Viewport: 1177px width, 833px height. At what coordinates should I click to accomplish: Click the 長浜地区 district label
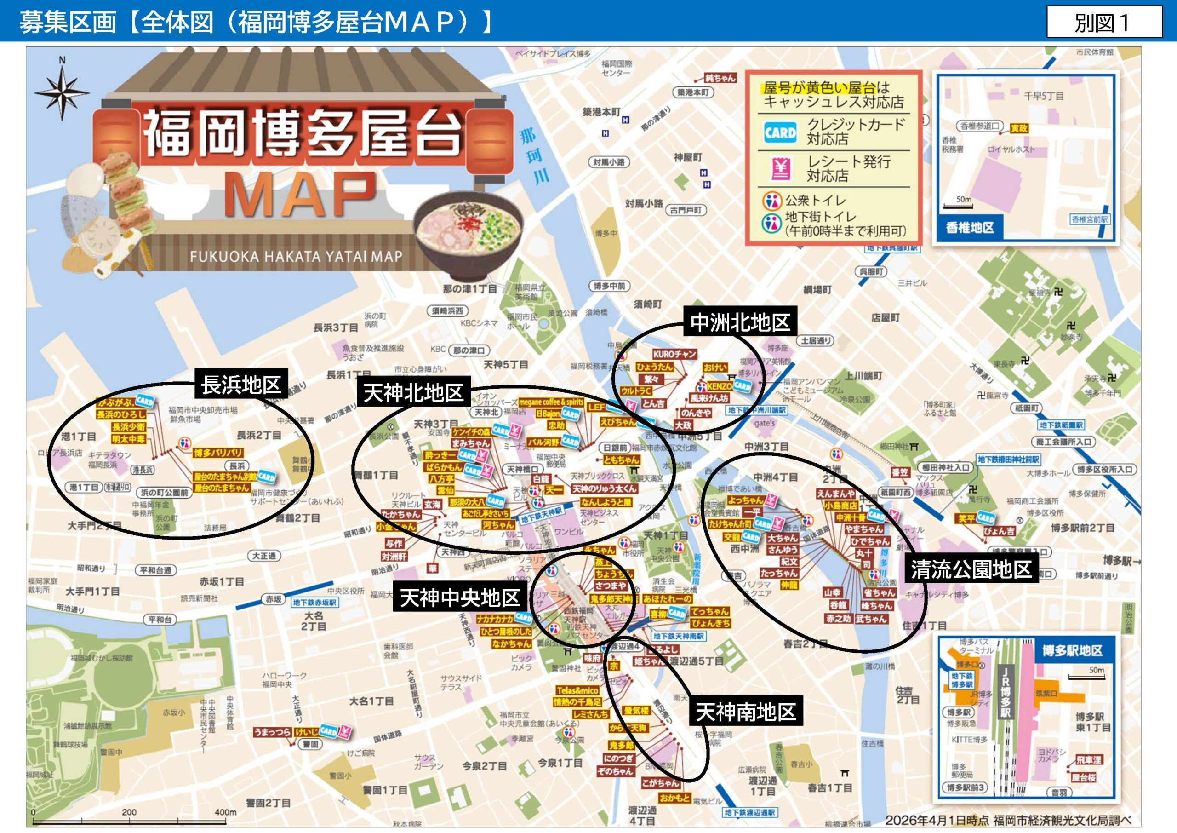pyautogui.click(x=240, y=385)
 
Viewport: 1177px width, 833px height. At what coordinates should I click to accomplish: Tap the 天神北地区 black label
pyautogui.click(x=413, y=393)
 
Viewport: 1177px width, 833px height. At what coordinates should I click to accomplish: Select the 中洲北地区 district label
pyautogui.click(x=740, y=322)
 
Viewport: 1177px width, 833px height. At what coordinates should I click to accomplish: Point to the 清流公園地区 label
pyautogui.click(x=971, y=569)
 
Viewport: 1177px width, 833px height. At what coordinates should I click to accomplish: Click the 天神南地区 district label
pyautogui.click(x=745, y=712)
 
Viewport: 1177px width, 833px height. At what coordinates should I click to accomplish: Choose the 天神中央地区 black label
pyautogui.click(x=459, y=597)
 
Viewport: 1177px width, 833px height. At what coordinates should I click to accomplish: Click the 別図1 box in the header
pyautogui.click(x=1104, y=23)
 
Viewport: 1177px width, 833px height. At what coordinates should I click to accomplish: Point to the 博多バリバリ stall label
pyautogui.click(x=218, y=453)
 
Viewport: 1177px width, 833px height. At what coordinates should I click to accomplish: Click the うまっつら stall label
pyautogui.click(x=272, y=732)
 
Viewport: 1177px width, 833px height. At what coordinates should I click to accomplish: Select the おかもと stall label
pyautogui.click(x=674, y=798)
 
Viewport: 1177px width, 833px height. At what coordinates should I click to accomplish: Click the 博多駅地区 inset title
pyautogui.click(x=1072, y=651)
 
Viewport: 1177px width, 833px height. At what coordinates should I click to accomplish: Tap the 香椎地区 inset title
pyautogui.click(x=969, y=228)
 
